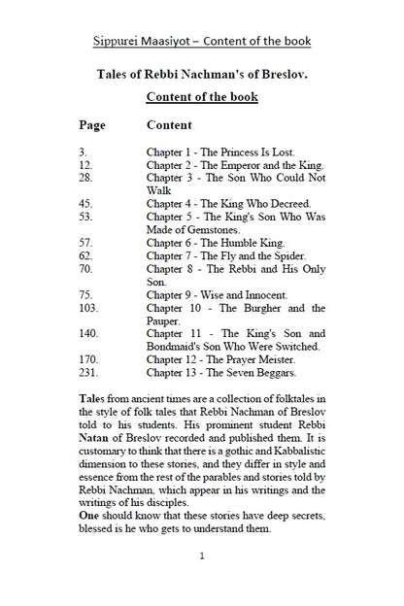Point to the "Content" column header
169,125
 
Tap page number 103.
89,308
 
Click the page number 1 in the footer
201,556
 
